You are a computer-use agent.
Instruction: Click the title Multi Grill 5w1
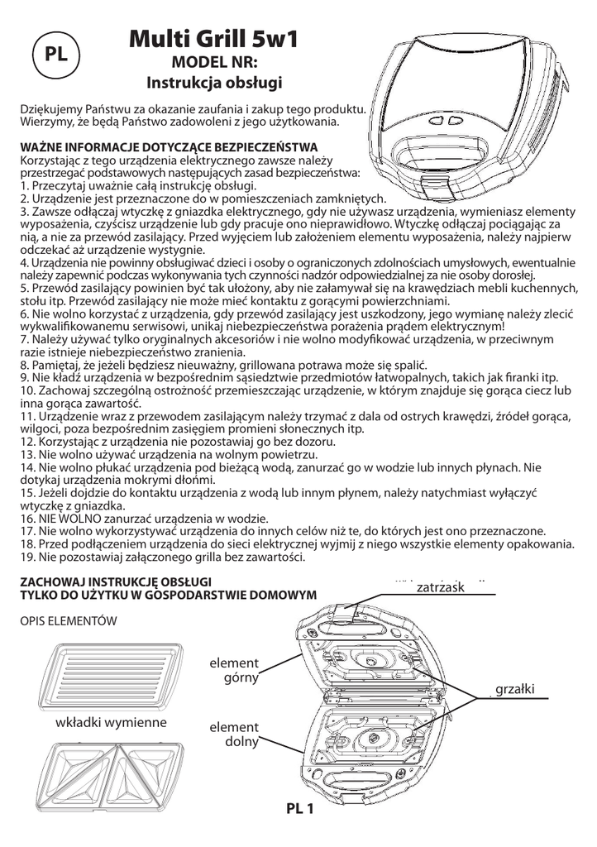tap(214, 38)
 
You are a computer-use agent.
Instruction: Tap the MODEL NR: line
tap(214, 62)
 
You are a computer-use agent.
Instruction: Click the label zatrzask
tap(442, 586)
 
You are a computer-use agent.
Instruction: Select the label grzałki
tap(515, 689)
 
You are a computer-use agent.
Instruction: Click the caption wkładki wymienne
tap(111, 722)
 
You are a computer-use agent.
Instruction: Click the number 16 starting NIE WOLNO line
tap(26, 518)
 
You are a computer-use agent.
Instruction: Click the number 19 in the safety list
tap(26, 557)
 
